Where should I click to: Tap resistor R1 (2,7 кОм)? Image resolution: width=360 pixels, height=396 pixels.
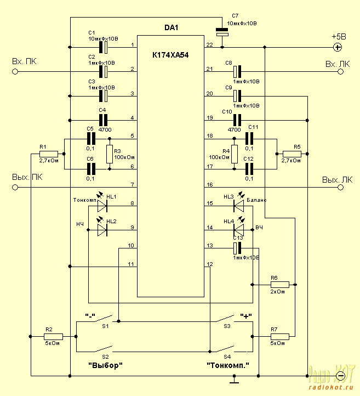tap(49, 154)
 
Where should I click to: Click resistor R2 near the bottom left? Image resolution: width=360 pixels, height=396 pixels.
tap(54, 336)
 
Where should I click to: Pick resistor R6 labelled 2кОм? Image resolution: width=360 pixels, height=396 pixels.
tap(279, 285)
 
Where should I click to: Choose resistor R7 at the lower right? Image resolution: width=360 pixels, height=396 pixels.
tap(279, 336)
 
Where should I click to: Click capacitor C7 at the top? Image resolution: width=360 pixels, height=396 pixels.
tap(222, 33)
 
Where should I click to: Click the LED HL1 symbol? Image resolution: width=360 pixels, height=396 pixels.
tap(102, 206)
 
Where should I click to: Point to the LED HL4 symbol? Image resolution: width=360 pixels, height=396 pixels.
tap(237, 230)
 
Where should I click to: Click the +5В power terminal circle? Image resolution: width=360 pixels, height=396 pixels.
tap(338, 47)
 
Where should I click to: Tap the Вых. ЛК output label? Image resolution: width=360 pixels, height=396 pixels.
tap(336, 179)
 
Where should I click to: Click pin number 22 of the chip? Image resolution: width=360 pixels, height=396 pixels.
tap(209, 44)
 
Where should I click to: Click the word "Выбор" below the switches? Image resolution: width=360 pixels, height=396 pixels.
tap(105, 365)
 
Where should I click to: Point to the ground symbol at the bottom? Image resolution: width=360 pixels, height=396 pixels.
tap(234, 378)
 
